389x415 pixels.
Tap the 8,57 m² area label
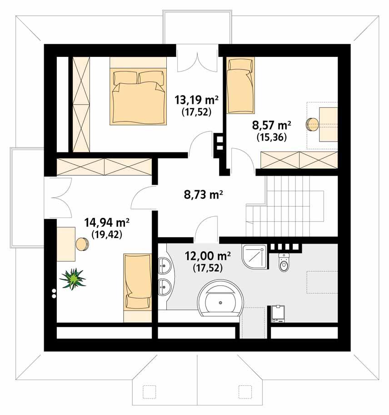click(x=271, y=125)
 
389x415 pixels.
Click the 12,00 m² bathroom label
click(x=208, y=256)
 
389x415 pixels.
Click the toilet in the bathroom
click(x=284, y=263)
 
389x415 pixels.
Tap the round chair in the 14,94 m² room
click(x=83, y=244)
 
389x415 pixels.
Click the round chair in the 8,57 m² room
click(x=312, y=124)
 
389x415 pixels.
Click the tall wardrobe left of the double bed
click(x=80, y=104)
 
